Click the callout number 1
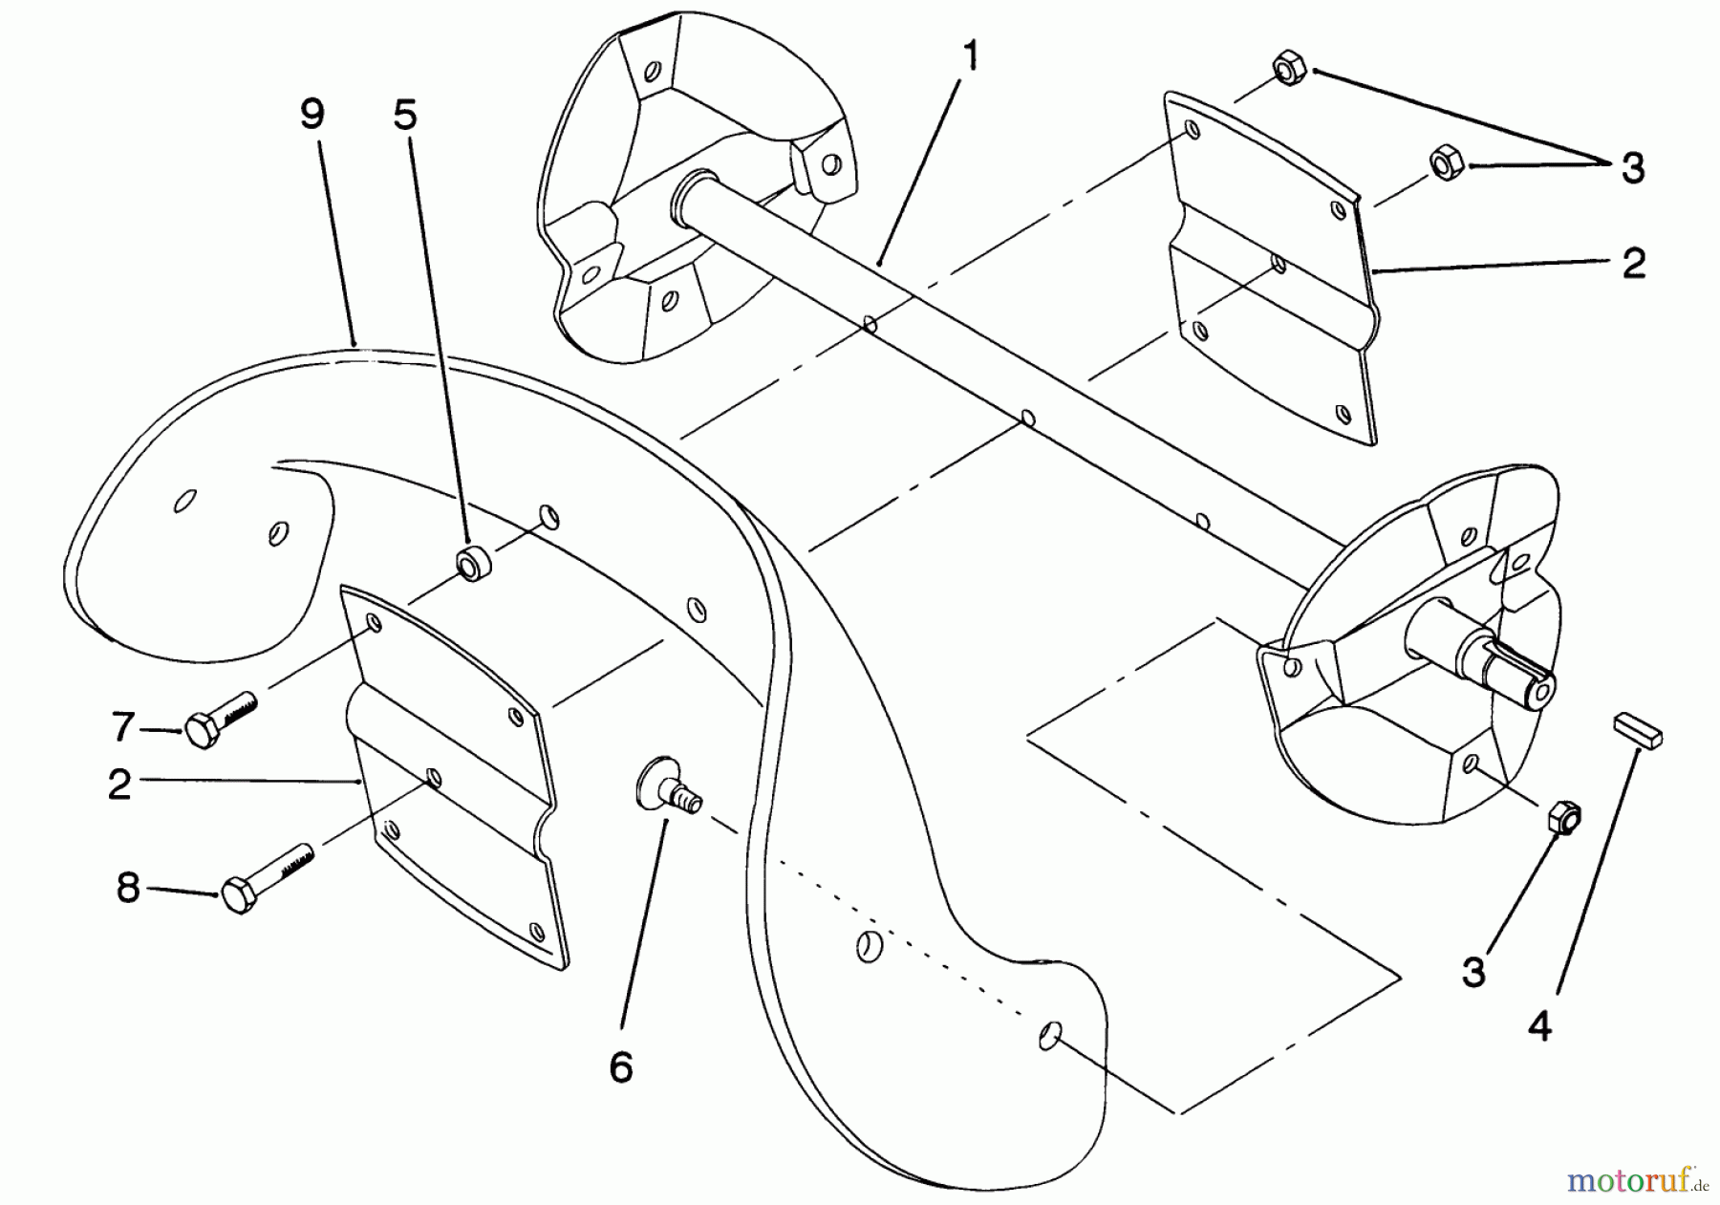971,59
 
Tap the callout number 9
312,117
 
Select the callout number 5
406,117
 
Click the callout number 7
122,728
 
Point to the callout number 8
128,889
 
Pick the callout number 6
621,1067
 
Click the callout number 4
1539,1027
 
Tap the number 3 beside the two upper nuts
1633,170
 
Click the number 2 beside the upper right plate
1634,264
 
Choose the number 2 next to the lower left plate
119,784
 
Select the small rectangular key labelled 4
1640,730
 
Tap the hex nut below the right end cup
1563,818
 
